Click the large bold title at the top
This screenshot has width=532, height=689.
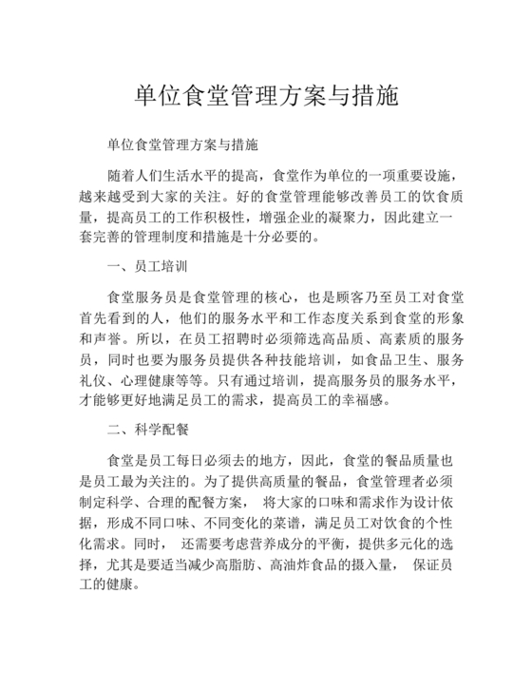[265, 97]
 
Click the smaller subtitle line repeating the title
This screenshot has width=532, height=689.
[182, 147]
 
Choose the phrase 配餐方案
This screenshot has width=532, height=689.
[209, 505]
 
